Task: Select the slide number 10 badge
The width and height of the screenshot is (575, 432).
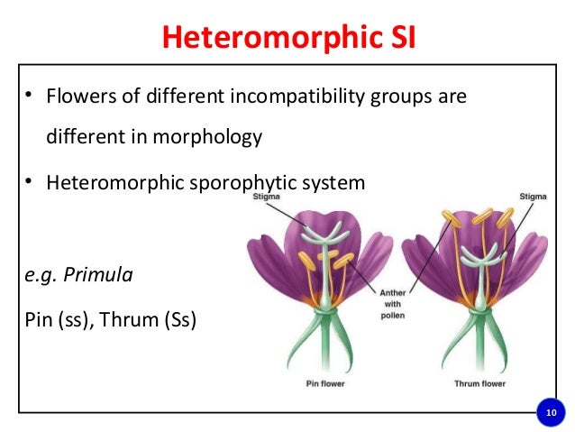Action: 549,413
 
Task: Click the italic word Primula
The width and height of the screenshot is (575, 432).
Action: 100,274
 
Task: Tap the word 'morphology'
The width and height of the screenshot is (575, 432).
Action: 217,137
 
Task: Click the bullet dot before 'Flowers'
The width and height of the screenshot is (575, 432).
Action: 30,96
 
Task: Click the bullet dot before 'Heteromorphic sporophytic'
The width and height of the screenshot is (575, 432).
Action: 30,183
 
